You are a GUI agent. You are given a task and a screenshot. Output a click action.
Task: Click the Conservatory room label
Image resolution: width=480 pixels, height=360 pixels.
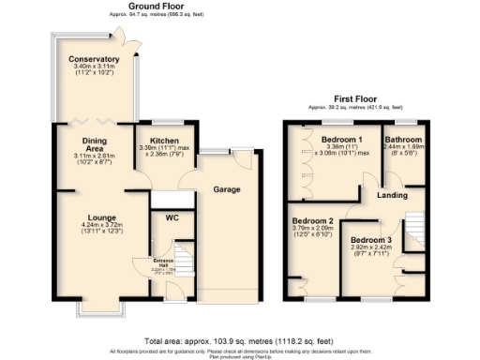click(x=94, y=60)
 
